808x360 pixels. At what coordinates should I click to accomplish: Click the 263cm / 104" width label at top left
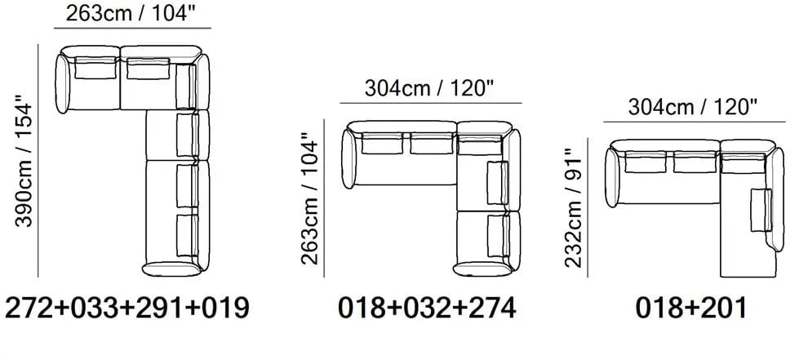(x=133, y=13)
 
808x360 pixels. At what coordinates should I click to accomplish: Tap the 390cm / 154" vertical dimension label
(x=24, y=160)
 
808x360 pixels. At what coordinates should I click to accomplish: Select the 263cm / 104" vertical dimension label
(x=310, y=198)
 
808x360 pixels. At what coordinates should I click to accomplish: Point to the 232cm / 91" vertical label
(x=574, y=208)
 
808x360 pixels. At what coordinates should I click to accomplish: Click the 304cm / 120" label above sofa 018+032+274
(x=429, y=89)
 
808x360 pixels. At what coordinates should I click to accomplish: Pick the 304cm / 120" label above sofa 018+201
(x=693, y=107)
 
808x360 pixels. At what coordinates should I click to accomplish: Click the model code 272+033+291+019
(x=127, y=308)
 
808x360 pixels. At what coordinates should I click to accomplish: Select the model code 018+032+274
(x=427, y=308)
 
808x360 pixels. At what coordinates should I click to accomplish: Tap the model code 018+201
(x=690, y=308)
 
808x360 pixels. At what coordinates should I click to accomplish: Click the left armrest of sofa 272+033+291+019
(x=62, y=83)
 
